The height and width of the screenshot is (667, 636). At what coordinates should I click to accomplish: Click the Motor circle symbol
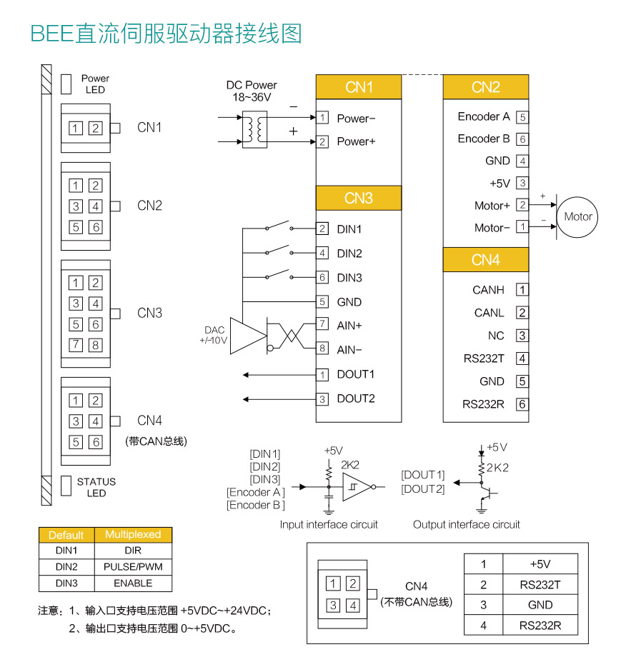(x=578, y=216)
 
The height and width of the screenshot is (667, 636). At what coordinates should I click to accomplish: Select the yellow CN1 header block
(x=359, y=87)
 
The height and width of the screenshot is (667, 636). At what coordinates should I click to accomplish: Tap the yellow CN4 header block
(x=485, y=260)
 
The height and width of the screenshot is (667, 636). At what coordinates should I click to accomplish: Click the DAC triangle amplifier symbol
(x=247, y=335)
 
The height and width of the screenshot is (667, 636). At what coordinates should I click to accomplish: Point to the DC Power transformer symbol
(x=254, y=129)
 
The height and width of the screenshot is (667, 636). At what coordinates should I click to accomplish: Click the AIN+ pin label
(x=349, y=325)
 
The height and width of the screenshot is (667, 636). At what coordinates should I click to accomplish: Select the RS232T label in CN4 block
(x=484, y=358)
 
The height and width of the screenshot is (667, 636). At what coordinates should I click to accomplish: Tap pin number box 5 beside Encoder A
(x=523, y=117)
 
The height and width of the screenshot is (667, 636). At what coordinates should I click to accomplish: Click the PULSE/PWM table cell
(x=133, y=566)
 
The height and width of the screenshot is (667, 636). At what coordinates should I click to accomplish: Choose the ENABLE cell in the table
(x=133, y=583)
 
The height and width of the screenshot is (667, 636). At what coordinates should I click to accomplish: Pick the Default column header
(x=66, y=534)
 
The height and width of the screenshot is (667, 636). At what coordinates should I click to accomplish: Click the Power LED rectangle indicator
(x=66, y=84)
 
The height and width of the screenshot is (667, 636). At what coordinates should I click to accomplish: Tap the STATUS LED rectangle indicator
(x=66, y=486)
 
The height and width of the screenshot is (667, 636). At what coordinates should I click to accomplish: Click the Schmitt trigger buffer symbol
(x=356, y=487)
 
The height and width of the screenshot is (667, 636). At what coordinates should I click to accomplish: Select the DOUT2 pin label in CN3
(x=356, y=398)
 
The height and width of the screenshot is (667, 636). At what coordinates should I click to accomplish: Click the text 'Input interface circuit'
(x=329, y=524)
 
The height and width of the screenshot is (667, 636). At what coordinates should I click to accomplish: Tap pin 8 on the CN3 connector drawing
(x=95, y=346)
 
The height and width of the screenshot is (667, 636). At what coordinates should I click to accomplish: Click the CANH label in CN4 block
(x=488, y=290)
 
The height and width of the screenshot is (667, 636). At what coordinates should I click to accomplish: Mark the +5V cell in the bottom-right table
(x=540, y=563)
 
